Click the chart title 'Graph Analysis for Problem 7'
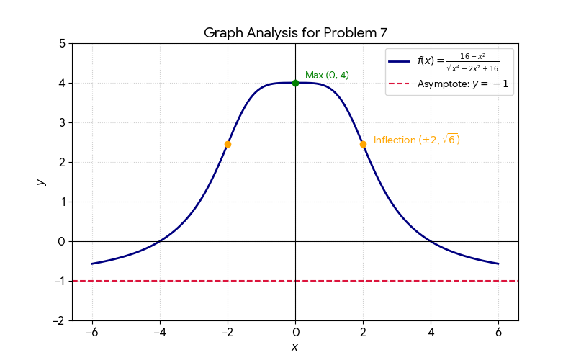point(295,32)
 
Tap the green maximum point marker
point(295,83)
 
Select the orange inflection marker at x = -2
point(228,144)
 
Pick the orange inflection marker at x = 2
point(363,144)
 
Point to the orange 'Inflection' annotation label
point(416,140)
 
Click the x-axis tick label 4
point(431,333)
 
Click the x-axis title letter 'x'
point(294,347)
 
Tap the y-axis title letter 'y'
point(42,181)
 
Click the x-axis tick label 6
point(498,333)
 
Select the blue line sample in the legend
point(400,61)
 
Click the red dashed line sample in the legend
point(400,84)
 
